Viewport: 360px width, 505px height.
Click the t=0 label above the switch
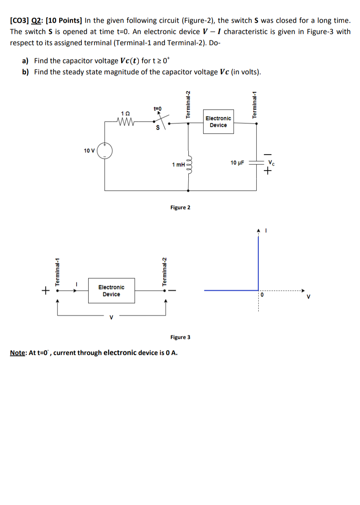pyautogui.click(x=156, y=108)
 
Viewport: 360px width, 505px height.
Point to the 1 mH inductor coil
pyautogui.click(x=189, y=165)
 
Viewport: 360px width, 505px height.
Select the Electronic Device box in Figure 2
pyautogui.click(x=218, y=122)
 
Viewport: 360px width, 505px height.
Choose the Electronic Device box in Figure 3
pyautogui.click(x=111, y=291)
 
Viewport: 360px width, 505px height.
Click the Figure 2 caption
pyautogui.click(x=180, y=208)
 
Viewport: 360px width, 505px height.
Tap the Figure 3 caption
pyautogui.click(x=180, y=337)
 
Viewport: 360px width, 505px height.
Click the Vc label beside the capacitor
pyautogui.click(x=271, y=162)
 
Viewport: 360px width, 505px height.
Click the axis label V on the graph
pyautogui.click(x=308, y=297)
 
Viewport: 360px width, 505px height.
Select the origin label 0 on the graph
pyautogui.click(x=262, y=295)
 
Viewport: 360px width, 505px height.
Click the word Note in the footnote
pyautogui.click(x=17, y=353)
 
